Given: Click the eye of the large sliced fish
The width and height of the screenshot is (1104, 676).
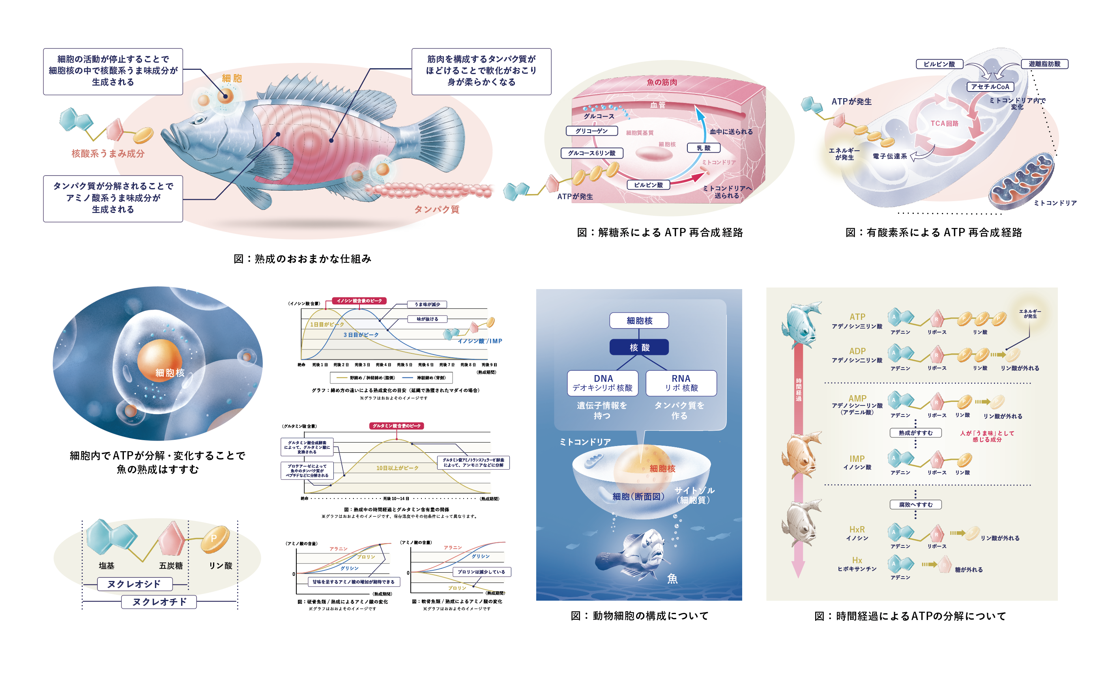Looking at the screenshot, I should (198, 120).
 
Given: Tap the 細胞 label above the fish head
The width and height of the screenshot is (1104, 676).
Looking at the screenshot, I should (232, 78).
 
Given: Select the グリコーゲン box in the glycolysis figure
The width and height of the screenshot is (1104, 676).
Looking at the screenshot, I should (591, 131).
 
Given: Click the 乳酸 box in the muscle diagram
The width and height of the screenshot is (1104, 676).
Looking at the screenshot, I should (704, 148).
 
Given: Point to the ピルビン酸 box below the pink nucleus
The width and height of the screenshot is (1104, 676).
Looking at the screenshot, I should (648, 185).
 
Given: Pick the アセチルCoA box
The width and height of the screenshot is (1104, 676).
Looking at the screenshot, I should (990, 86).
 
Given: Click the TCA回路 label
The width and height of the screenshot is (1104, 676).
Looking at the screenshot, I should (945, 123).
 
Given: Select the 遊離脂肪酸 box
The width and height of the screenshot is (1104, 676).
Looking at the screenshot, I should (1044, 63).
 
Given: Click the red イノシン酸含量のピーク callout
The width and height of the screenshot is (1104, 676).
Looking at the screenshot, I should (359, 301).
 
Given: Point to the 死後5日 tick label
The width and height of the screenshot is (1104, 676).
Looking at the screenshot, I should (404, 365).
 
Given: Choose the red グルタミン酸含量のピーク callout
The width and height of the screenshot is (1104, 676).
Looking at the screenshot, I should (397, 426).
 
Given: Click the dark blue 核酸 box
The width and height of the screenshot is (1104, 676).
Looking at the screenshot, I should (639, 347).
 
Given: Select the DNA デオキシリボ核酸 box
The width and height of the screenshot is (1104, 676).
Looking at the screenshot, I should (603, 383).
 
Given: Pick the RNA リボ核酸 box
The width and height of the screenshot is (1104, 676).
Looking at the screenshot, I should (681, 383).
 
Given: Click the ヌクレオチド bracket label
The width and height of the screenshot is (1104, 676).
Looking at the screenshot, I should (159, 601).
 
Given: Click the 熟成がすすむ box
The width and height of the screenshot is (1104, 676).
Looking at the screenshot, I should (915, 433).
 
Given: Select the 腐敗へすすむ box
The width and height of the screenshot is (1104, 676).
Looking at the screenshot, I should (915, 504).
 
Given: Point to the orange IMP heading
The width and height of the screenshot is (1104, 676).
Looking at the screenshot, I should (857, 459).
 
